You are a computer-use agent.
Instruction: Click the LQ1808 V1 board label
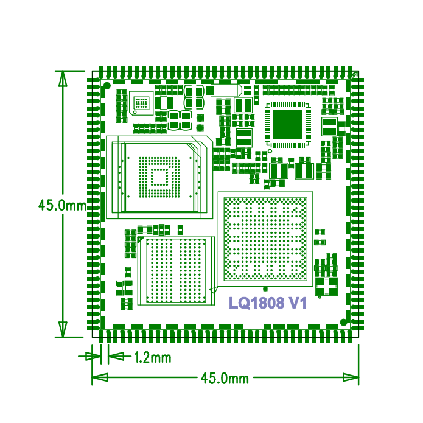click(268, 303)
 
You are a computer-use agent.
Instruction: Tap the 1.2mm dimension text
click(153, 358)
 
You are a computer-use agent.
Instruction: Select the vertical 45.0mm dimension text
click(62, 205)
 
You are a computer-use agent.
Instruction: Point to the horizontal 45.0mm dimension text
click(225, 378)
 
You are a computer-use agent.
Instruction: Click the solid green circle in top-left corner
click(107, 86)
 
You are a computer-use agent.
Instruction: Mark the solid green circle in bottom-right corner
click(343, 322)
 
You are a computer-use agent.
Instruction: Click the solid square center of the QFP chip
click(287, 124)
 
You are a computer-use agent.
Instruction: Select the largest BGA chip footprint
click(265, 239)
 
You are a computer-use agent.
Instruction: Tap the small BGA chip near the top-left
click(141, 103)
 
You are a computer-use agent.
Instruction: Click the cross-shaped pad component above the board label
click(326, 287)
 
